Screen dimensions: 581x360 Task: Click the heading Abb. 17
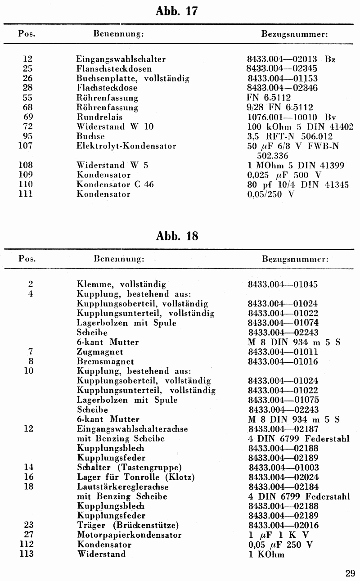click(177, 11)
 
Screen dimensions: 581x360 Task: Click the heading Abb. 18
click(177, 236)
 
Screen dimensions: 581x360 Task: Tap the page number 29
click(350, 573)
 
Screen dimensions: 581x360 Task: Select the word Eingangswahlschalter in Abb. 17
click(121, 59)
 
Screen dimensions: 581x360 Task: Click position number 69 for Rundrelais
click(27, 117)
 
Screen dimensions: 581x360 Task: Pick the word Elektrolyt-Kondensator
click(126, 146)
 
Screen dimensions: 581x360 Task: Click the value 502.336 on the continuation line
click(272, 156)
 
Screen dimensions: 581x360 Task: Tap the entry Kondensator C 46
click(115, 185)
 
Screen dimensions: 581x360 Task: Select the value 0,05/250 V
click(271, 194)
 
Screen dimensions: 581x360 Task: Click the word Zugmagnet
click(100, 352)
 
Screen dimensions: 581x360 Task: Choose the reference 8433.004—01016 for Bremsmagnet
click(283, 361)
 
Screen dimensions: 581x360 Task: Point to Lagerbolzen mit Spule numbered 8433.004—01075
click(126, 400)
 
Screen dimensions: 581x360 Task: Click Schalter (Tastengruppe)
click(129, 467)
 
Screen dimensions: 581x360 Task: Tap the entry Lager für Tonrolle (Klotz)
click(135, 477)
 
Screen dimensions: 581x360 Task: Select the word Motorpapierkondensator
click(129, 535)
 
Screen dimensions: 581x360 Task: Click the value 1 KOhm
click(266, 554)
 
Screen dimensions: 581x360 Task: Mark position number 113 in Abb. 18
click(27, 554)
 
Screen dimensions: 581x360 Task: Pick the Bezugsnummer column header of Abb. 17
click(294, 34)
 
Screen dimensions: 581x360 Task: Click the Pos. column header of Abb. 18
click(27, 259)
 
